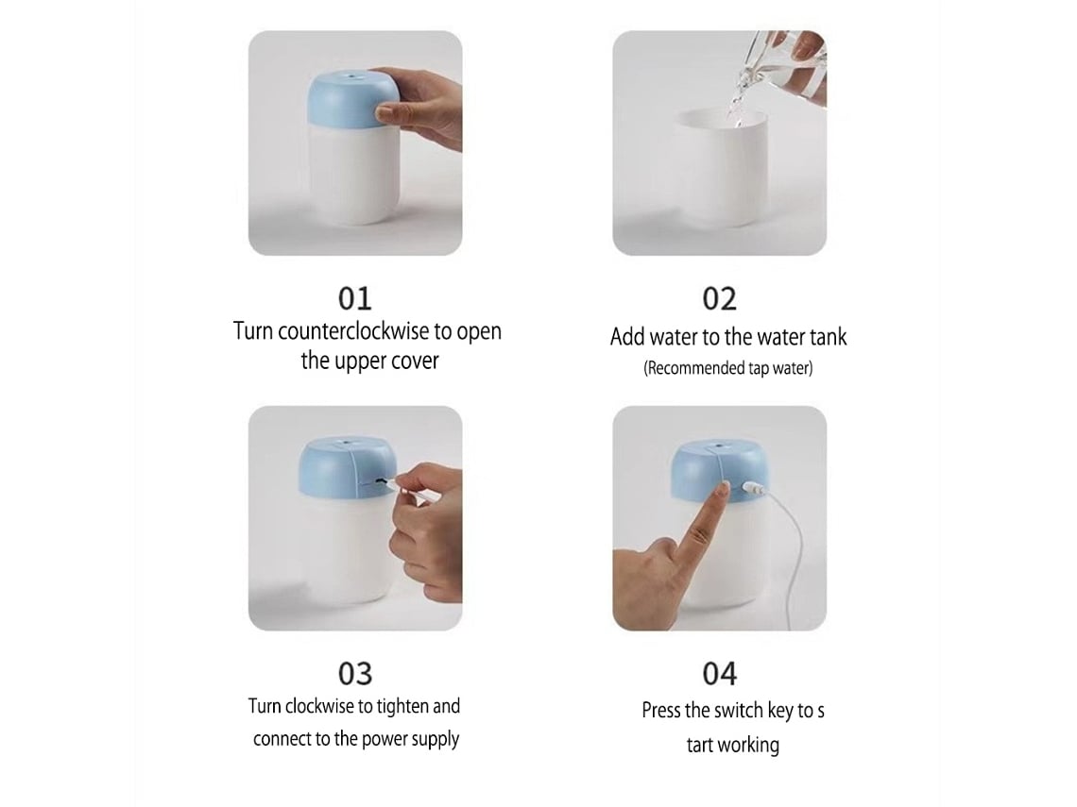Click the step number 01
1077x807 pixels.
point(354,298)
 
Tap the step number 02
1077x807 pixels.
point(719,298)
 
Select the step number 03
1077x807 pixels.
point(355,674)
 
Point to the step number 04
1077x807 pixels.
point(719,674)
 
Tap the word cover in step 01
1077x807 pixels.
point(415,361)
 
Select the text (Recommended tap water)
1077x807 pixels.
point(728,368)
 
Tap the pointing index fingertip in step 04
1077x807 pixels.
point(724,489)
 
